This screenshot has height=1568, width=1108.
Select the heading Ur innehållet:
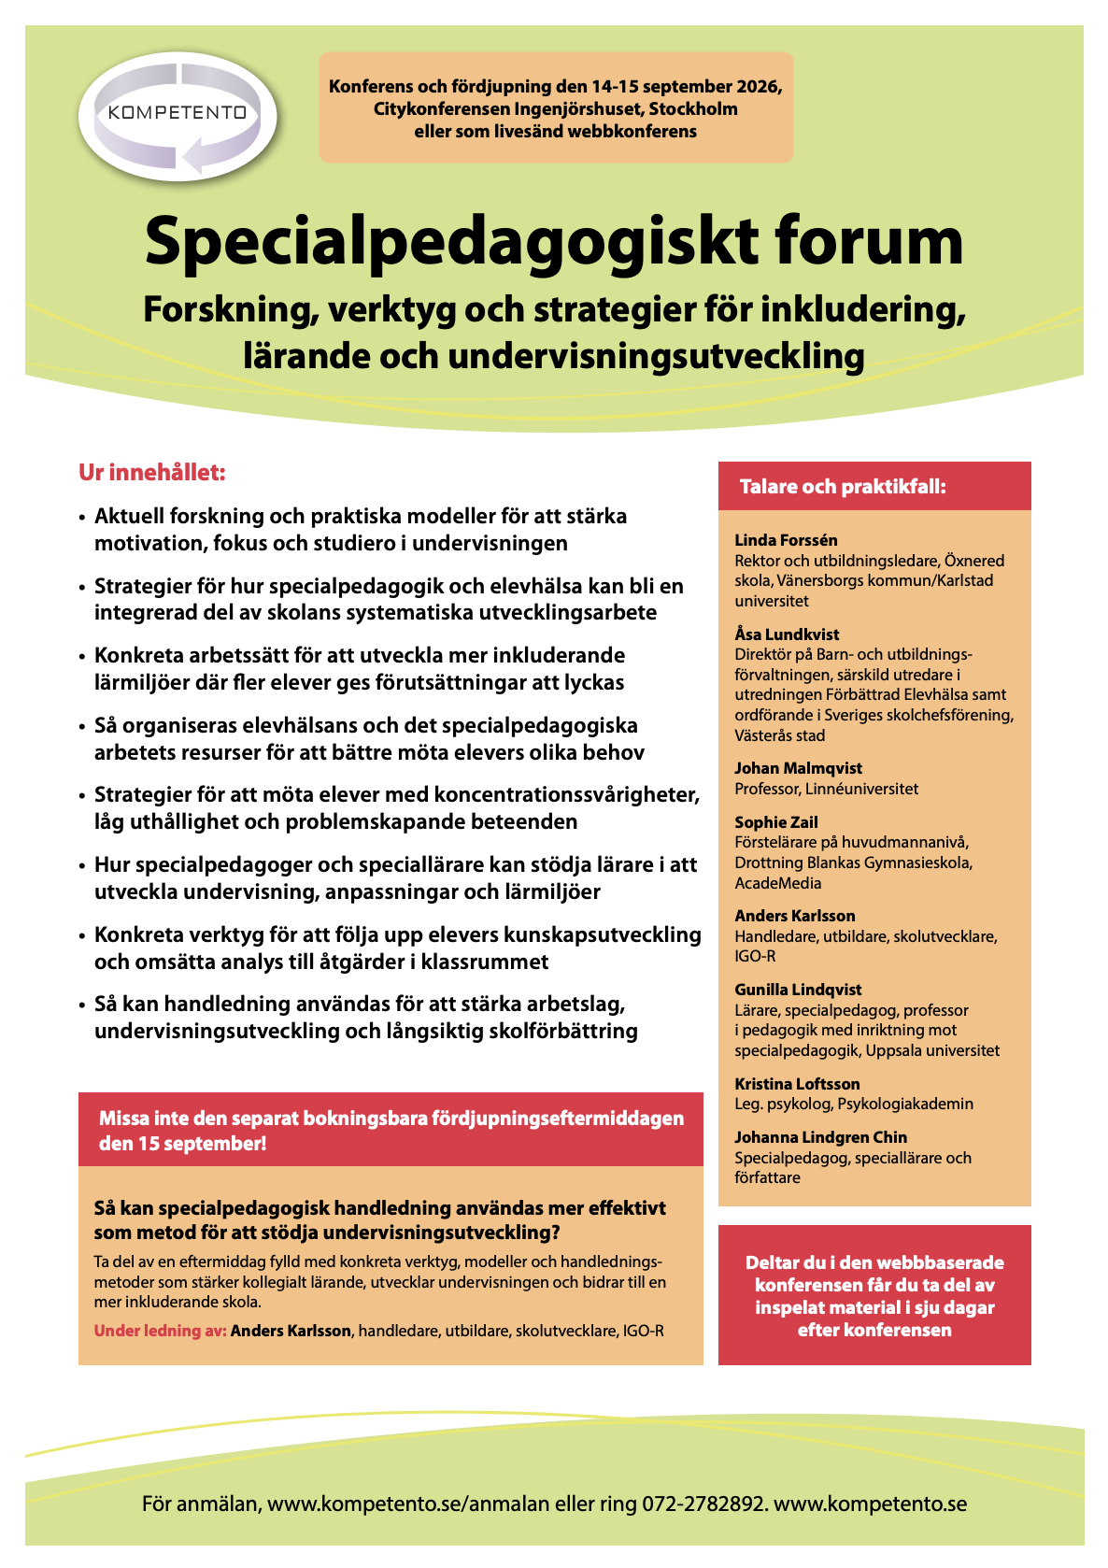(152, 473)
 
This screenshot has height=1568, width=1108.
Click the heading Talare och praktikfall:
(843, 487)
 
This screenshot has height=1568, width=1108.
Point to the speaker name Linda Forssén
(786, 540)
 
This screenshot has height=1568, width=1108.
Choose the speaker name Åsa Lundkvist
(787, 634)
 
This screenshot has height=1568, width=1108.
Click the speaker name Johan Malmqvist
(798, 768)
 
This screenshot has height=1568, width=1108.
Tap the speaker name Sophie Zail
(775, 822)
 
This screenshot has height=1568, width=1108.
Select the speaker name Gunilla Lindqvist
(798, 990)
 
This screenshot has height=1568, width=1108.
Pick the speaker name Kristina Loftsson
(797, 1084)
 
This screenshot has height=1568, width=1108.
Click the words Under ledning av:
(160, 1331)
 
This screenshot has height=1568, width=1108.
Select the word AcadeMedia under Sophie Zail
(777, 883)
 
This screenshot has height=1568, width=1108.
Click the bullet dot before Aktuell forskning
(83, 517)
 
